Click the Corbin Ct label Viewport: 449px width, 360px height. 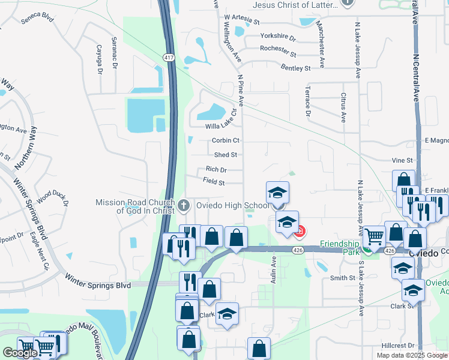(x=226, y=140)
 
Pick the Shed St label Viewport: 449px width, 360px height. (x=226, y=155)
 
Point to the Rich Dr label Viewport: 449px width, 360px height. (x=216, y=170)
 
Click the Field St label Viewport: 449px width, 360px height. (x=214, y=181)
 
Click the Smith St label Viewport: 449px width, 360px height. (x=342, y=278)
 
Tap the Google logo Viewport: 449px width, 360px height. (x=20, y=353)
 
